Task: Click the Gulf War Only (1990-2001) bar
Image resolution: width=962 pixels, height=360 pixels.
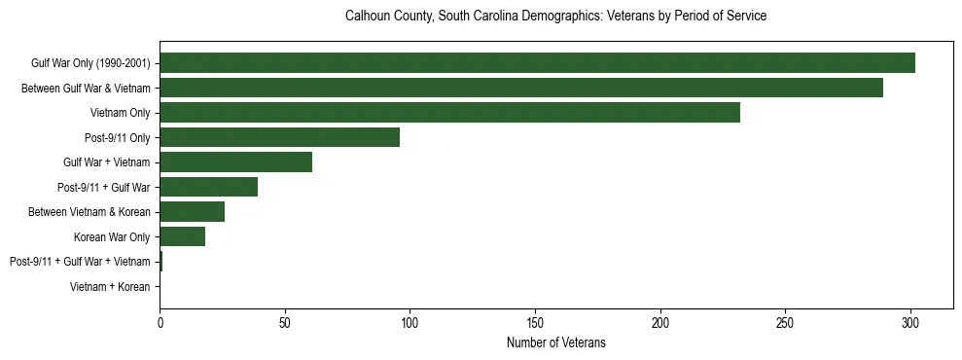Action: pos(537,63)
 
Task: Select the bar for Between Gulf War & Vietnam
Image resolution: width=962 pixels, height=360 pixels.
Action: pos(521,88)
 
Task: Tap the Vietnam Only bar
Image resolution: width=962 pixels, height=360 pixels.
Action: pos(449,113)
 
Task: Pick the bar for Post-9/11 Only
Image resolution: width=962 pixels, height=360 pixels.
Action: pos(279,137)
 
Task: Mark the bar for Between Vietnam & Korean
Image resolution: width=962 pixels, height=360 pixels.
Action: pos(192,212)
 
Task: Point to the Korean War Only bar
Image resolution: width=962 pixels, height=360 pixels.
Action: pos(182,236)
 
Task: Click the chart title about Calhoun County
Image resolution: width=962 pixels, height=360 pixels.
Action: pos(555,17)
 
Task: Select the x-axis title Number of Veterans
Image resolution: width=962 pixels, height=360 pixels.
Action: pos(555,342)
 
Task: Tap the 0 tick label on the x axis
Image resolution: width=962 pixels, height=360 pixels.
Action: pos(160,321)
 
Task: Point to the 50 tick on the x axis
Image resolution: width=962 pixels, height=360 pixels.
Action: pos(285,321)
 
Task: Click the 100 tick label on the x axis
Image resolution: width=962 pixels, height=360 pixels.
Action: pos(410,321)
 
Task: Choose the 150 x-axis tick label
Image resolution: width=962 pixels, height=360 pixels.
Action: pos(535,321)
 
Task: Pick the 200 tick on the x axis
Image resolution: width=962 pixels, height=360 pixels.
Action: pos(660,321)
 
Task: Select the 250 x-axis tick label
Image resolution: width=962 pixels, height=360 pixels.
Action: pos(785,321)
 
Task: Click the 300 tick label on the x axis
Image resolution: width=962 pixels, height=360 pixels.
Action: pos(910,321)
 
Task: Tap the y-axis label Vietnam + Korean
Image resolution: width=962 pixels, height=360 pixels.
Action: pos(110,287)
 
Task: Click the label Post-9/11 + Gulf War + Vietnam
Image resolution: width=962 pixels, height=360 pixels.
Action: pos(80,262)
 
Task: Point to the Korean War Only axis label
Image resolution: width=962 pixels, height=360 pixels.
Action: pos(112,236)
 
